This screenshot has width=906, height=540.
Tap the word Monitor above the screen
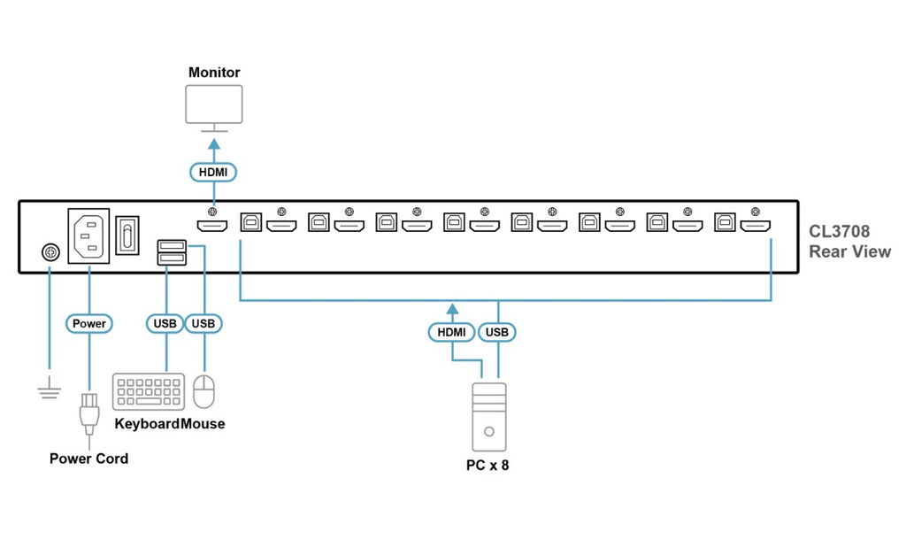[214, 73]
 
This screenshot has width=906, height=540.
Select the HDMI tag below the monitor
[213, 173]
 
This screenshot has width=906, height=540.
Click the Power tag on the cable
[89, 323]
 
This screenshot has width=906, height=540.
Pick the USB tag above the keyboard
[165, 323]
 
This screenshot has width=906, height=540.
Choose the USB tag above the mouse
[203, 323]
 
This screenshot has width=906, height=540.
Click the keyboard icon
[149, 391]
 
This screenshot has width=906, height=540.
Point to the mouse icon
[203, 391]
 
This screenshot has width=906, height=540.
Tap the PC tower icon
[488, 417]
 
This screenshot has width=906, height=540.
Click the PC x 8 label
[488, 466]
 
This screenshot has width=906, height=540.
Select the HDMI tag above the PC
[451, 332]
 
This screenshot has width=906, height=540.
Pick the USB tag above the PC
[497, 332]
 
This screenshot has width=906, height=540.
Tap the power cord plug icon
[89, 414]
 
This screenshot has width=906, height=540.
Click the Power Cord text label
[89, 459]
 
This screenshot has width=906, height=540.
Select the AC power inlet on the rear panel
[89, 235]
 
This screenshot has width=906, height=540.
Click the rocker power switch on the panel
[127, 235]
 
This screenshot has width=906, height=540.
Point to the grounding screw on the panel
[50, 252]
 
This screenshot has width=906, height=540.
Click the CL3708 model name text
[839, 231]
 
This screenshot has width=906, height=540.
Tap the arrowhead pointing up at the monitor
[214, 143]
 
